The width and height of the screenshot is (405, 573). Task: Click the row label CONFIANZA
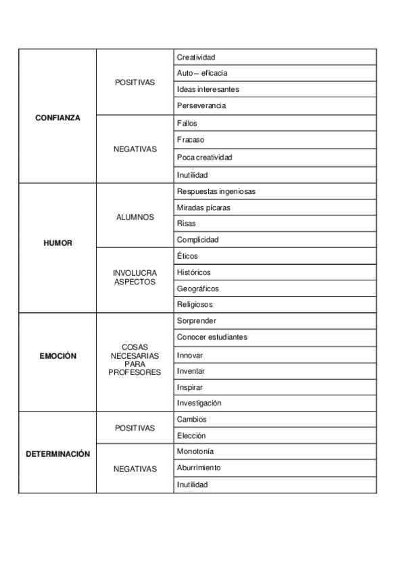57,118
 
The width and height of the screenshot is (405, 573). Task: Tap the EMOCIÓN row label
57,355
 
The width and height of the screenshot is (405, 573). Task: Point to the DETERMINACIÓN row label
57,454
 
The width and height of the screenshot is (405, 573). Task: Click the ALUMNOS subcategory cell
135,217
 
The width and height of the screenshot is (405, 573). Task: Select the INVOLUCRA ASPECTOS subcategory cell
135,278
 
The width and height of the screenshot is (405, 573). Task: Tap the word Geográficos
197,289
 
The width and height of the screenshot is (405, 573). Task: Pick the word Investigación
199,403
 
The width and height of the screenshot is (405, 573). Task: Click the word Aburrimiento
198,468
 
